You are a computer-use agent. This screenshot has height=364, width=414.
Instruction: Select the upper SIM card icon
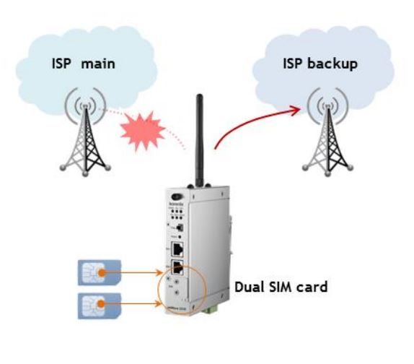[x=96, y=274]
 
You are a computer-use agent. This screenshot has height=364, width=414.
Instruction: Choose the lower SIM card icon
[x=96, y=305]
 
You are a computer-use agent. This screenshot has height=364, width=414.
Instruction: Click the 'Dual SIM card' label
[x=281, y=287]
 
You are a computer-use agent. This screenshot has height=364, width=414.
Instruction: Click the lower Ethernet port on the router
[x=177, y=269]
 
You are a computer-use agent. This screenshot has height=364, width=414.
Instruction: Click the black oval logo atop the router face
[x=174, y=196]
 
